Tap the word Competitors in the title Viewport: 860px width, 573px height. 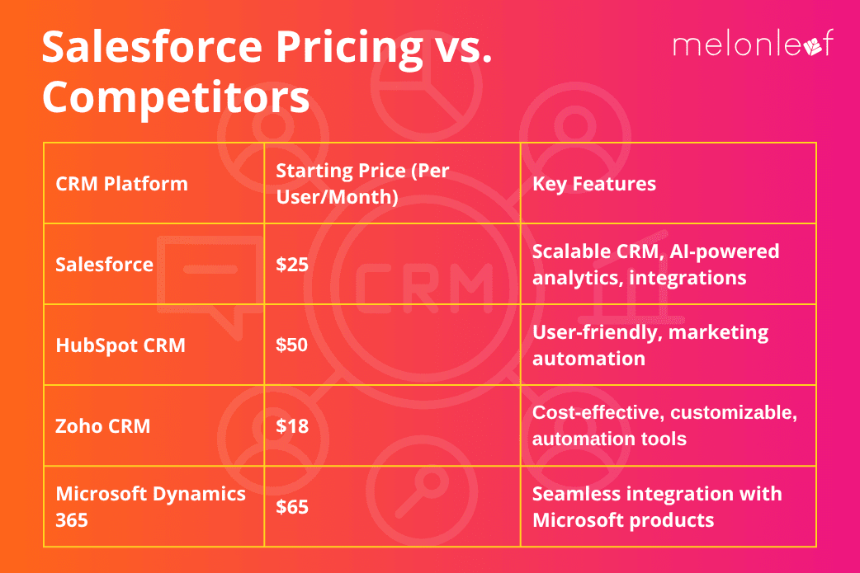(x=176, y=97)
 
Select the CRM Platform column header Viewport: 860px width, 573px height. (x=121, y=183)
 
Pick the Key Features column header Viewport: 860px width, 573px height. (x=594, y=183)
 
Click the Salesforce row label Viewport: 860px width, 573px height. (x=105, y=264)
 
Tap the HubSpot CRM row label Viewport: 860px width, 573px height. (x=120, y=345)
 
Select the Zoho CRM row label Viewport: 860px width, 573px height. (x=103, y=425)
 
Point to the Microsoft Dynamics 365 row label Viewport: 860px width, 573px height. (x=150, y=506)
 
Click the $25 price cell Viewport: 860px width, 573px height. (x=291, y=264)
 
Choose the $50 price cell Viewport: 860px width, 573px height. (x=291, y=345)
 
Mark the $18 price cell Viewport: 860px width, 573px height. (x=291, y=425)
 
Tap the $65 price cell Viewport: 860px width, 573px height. (x=291, y=506)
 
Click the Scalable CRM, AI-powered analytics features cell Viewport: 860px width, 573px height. (x=655, y=264)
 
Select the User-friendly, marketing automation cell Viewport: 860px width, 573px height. (x=650, y=345)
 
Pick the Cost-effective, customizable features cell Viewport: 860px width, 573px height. (x=664, y=425)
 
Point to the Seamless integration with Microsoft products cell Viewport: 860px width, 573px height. (x=656, y=506)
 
